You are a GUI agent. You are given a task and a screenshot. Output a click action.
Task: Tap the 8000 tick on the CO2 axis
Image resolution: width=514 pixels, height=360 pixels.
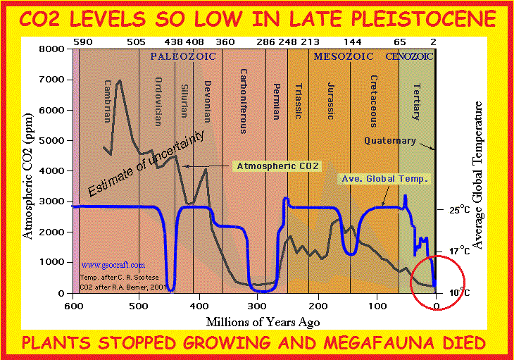[x=54, y=49]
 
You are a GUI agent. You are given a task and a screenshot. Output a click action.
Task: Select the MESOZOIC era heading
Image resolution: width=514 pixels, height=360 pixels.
[x=341, y=56]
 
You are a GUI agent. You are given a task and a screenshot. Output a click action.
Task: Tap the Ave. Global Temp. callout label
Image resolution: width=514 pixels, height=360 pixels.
[x=384, y=179]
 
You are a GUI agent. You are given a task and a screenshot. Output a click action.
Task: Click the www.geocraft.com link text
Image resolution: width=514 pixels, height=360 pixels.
[x=104, y=265]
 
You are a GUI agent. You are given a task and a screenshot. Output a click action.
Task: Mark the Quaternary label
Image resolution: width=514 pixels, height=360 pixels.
[x=390, y=141]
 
